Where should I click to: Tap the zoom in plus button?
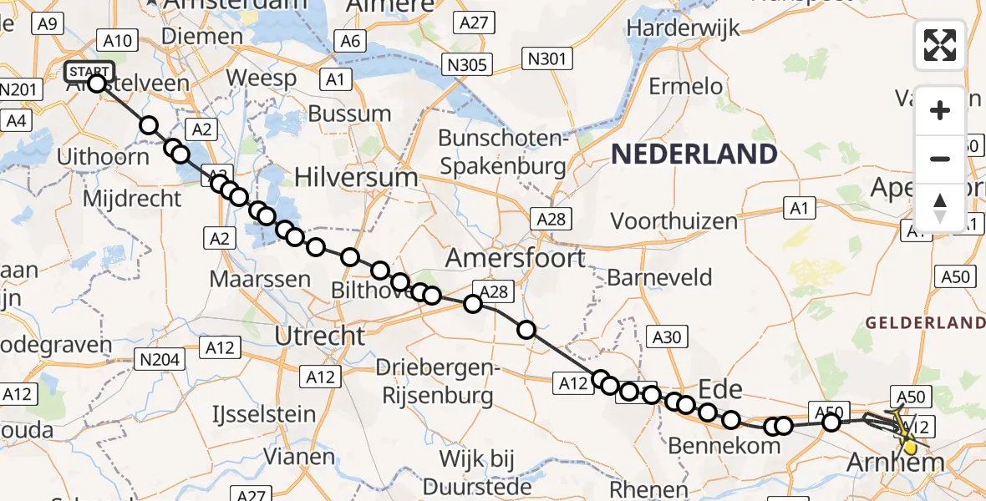coord(940,110)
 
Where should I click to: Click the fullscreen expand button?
coord(940,45)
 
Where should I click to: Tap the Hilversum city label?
coord(355,177)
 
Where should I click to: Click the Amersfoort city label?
coord(515,258)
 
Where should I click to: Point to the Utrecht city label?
coord(321,336)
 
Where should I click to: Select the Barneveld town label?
coord(660,277)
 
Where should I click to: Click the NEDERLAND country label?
coord(694,154)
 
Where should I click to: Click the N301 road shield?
coord(546,58)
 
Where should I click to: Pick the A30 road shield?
coord(666,337)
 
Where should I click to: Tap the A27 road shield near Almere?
coord(474,23)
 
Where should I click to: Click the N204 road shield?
coord(157,359)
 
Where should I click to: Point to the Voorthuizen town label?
coord(674,221)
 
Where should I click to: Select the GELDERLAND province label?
coord(925,322)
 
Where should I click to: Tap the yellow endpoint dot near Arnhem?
coord(910,448)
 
